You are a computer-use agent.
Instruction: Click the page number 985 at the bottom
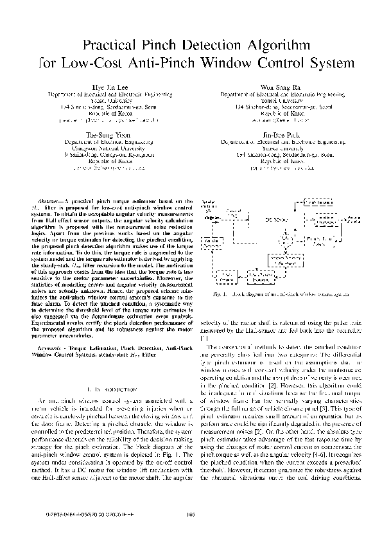pyautogui.click(x=191, y=531)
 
